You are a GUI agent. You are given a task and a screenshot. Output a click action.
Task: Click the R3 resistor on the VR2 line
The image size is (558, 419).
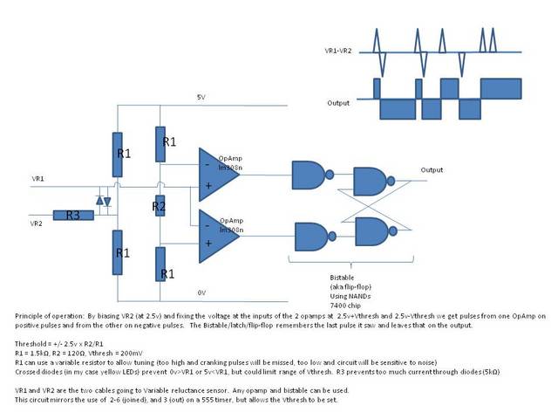point(67,215)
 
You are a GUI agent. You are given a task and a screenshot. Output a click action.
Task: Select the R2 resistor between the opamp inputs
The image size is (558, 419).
point(159,206)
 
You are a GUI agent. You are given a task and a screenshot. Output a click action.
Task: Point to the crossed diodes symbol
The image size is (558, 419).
point(104,202)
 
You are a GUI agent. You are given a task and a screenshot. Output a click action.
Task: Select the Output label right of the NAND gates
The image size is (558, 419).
point(432,169)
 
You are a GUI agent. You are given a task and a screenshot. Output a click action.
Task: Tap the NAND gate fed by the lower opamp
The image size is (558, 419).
point(310,241)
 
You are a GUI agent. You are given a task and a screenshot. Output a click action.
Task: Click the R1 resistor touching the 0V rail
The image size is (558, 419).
point(159,264)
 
